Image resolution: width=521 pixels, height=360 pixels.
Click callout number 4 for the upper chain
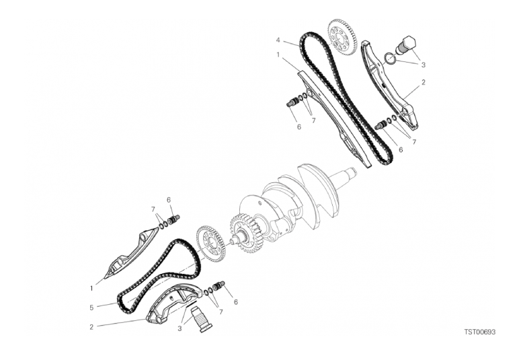coord(278,40)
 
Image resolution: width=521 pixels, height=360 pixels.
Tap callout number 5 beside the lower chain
coord(91,308)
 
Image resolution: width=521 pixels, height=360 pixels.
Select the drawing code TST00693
coord(480,332)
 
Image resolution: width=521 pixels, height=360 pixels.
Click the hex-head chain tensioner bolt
coord(405,46)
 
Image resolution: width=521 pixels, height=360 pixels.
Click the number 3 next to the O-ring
coord(424,65)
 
